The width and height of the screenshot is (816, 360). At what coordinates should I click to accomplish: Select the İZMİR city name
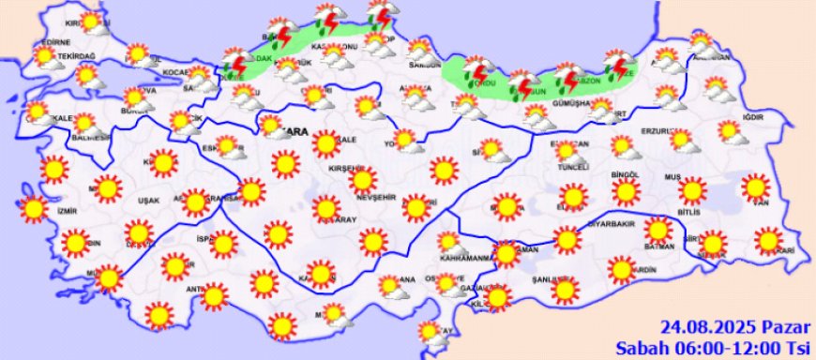tap(65, 213)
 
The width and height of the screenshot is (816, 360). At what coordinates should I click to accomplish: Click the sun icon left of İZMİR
tap(35, 209)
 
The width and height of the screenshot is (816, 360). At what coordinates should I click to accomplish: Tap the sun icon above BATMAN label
tap(658, 229)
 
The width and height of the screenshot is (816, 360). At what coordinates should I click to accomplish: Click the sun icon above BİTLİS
tap(692, 191)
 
